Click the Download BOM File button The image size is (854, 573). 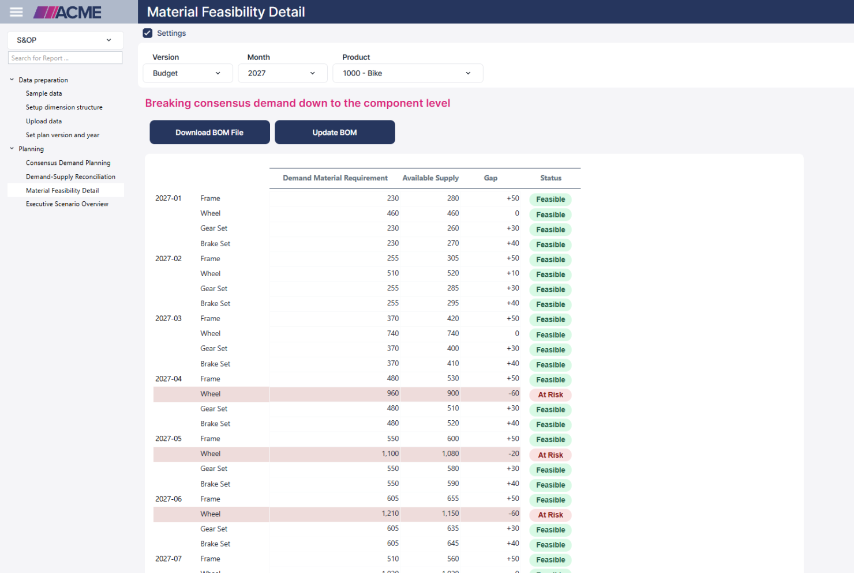click(209, 132)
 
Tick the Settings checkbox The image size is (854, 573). click(148, 33)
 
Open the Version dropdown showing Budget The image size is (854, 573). click(188, 73)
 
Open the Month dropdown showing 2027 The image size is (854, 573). click(283, 73)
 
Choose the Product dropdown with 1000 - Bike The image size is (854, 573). click(407, 73)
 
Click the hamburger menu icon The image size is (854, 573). click(16, 12)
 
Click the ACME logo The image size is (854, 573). click(68, 12)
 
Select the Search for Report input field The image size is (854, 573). click(65, 58)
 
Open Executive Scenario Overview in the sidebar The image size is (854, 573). click(67, 204)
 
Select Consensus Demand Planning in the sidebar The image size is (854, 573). click(68, 163)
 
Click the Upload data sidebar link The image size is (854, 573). click(44, 121)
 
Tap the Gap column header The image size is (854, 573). click(490, 178)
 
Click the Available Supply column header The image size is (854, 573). click(430, 178)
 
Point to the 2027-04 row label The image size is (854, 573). click(168, 379)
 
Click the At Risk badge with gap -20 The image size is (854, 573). click(550, 455)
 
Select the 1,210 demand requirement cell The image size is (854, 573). click(390, 514)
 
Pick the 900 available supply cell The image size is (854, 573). click(453, 393)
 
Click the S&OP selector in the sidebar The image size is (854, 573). click(65, 40)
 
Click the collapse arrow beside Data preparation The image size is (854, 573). click(12, 80)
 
